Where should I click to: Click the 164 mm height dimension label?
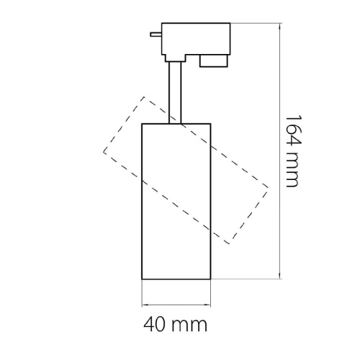292,151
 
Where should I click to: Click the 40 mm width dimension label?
175,325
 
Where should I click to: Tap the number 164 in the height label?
292,131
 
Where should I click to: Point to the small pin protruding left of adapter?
156,35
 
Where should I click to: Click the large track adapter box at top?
196,39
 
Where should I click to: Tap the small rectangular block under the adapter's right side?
214,61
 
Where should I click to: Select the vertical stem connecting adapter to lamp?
175,93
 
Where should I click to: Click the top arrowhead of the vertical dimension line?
279,27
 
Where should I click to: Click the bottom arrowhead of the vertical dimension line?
279,276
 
